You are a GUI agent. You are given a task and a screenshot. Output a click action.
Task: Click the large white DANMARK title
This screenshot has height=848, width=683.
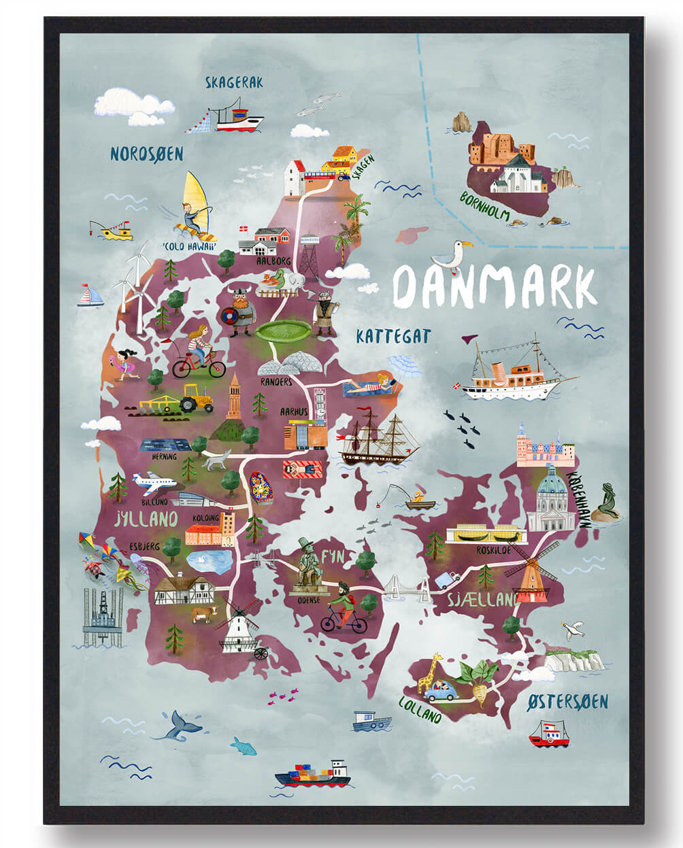click(495, 286)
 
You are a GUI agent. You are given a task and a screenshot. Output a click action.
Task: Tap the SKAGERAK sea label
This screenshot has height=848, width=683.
click(234, 83)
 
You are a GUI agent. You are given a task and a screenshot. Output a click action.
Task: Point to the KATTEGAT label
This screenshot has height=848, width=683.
click(393, 335)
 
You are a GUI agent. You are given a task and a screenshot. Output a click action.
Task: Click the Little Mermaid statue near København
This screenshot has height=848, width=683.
click(605, 503)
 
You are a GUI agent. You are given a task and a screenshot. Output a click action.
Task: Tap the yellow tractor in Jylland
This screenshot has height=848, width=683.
click(197, 398)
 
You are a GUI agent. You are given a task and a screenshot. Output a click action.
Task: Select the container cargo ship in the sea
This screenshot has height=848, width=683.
click(313, 774)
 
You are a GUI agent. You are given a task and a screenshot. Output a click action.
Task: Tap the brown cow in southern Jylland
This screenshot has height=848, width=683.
click(203, 615)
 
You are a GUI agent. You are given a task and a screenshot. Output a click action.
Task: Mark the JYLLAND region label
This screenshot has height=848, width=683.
click(146, 520)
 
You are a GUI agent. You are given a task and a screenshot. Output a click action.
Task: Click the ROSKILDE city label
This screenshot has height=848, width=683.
click(493, 549)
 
